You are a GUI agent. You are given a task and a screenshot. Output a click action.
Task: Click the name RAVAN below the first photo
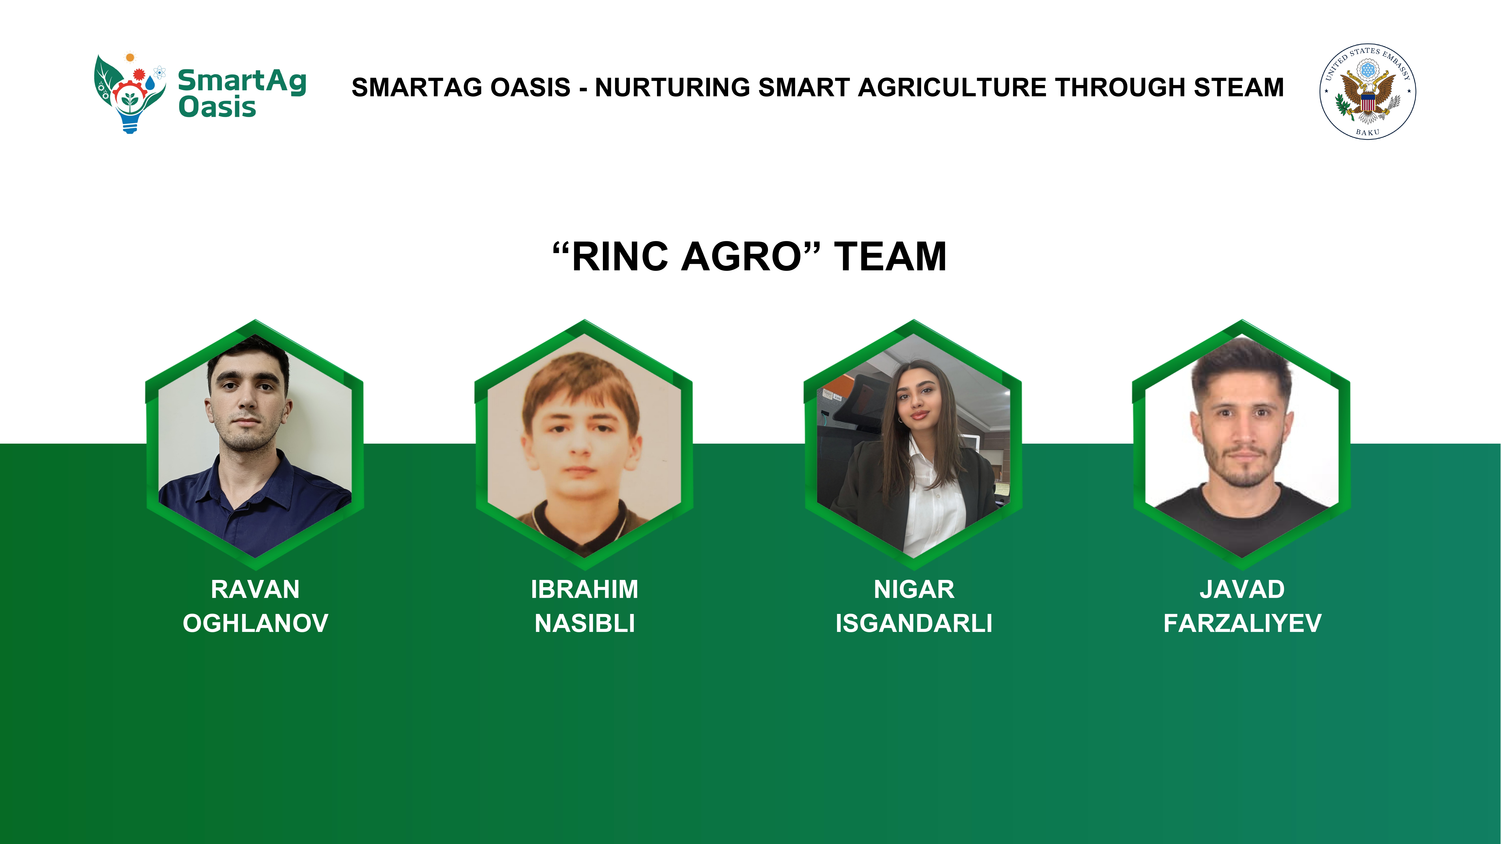(255, 589)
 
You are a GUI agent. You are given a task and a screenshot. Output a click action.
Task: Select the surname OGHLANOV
(255, 623)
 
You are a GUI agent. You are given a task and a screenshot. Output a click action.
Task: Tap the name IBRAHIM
(584, 589)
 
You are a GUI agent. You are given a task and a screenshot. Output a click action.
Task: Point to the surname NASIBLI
(584, 623)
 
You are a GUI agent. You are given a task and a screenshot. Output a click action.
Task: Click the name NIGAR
(914, 589)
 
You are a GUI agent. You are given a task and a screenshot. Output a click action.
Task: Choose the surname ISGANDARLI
(914, 623)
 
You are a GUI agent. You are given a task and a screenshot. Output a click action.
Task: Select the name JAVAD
(1242, 589)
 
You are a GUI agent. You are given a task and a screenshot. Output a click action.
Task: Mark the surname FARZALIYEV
(1242, 623)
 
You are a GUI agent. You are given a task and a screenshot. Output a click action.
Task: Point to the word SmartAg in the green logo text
(242, 82)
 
